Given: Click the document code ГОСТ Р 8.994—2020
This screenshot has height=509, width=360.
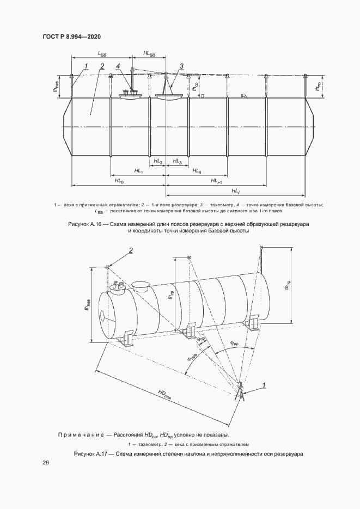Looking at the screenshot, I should click(71, 37).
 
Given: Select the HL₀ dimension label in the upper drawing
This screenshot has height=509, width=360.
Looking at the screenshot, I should click(119, 181).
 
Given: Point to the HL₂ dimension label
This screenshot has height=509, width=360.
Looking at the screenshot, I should click(158, 161).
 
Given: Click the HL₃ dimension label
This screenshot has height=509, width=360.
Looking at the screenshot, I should click(177, 161).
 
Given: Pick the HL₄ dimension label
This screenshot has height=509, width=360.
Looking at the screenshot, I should click(197, 171).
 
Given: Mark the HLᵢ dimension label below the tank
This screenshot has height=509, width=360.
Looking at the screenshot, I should click(235, 191).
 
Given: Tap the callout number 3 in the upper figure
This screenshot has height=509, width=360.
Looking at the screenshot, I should click(181, 66).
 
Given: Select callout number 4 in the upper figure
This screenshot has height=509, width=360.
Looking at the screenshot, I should click(118, 66).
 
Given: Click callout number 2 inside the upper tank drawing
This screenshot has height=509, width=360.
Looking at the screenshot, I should click(102, 66).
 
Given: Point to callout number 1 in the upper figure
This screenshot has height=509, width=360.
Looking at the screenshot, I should click(86, 66).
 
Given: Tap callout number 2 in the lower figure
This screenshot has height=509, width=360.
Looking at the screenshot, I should click(131, 250).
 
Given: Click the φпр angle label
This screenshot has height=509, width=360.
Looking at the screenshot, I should click(234, 344).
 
